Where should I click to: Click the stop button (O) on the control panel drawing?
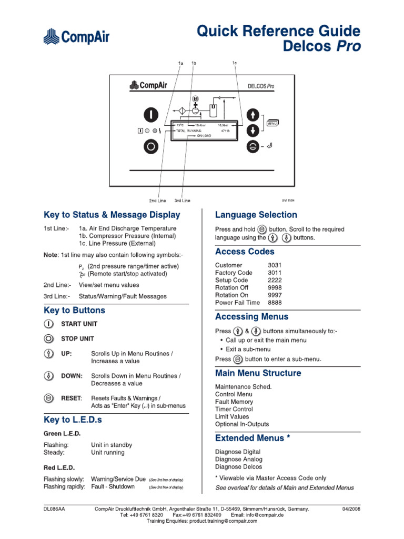(151, 147)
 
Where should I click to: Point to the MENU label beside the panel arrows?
(272, 123)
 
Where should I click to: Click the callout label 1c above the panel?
(235, 64)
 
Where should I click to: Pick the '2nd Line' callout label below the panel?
(157, 201)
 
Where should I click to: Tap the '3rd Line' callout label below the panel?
(183, 201)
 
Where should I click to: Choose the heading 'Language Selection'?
(256, 215)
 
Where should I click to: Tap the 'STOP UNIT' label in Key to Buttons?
(78, 338)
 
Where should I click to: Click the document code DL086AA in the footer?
(54, 510)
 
